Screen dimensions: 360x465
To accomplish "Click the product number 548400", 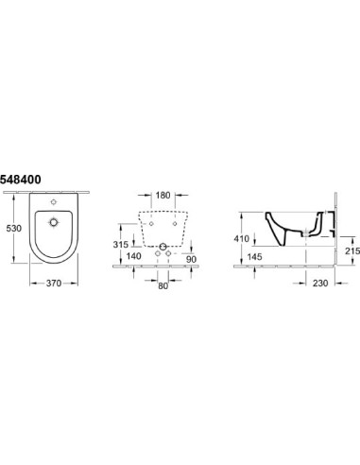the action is pos(21,180).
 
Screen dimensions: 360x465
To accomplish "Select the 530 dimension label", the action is pos(14,228).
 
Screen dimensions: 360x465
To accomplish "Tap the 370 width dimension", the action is pos(54,284).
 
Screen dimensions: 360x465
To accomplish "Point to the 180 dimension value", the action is pos(163,195).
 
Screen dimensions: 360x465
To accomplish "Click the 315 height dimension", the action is pos(121,244).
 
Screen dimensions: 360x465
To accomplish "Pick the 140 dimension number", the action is pos(133,256).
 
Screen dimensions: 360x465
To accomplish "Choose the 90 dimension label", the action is pos(191,259).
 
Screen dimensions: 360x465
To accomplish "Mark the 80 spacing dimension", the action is pos(163,285).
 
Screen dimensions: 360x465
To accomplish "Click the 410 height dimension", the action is pos(242,239).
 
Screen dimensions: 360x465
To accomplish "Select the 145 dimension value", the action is pos(254,257).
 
